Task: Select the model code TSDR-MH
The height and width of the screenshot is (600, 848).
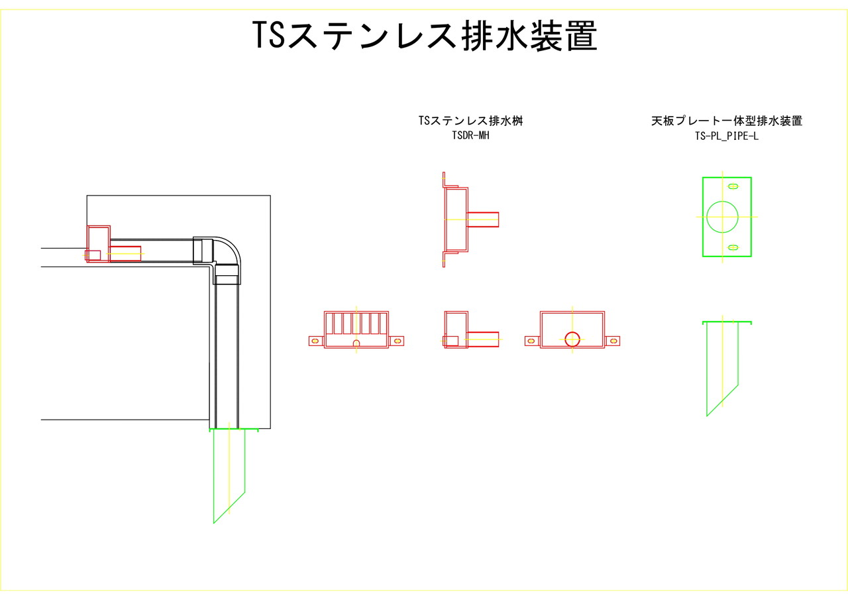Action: click(471, 135)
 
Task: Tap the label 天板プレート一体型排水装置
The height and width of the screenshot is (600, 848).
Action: click(727, 121)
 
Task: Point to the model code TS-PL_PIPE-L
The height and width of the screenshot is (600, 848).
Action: click(727, 135)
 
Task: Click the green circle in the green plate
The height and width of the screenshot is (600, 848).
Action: click(722, 216)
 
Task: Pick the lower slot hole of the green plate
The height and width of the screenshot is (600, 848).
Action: click(733, 247)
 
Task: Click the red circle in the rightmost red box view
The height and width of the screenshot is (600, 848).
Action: click(572, 339)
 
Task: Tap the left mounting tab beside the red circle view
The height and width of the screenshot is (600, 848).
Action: click(531, 341)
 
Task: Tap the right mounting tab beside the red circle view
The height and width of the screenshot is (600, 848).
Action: click(613, 341)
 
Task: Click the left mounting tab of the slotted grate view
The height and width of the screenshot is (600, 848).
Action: click(315, 341)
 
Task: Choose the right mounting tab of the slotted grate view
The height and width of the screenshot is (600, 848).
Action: click(397, 341)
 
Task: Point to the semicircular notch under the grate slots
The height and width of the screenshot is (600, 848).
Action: click(356, 343)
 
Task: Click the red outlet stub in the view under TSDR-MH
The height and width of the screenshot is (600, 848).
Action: click(483, 219)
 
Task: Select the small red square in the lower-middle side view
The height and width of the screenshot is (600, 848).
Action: click(450, 341)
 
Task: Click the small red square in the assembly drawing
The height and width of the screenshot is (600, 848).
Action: click(93, 255)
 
